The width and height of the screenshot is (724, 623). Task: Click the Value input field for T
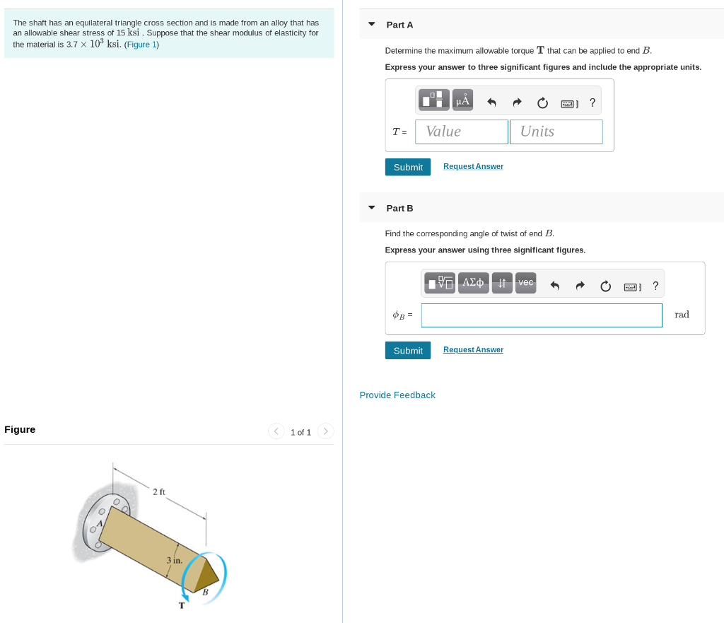pos(462,132)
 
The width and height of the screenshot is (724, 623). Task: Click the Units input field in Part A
pos(556,132)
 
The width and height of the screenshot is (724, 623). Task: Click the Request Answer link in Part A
pos(473,166)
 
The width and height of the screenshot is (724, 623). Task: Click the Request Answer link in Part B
pos(473,349)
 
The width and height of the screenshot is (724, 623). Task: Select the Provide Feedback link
pos(397,395)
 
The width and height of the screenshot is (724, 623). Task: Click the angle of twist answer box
pos(542,315)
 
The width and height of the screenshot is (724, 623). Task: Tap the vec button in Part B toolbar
pos(525,283)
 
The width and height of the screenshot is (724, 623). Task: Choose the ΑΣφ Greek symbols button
pos(473,283)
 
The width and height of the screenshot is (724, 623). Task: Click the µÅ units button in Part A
pos(463,100)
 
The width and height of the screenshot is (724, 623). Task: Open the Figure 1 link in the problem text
pos(141,45)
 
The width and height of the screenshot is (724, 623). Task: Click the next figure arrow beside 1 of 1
pos(325,431)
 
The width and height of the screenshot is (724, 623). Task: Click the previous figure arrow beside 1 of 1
pos(276,431)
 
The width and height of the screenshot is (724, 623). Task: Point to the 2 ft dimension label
pos(159,491)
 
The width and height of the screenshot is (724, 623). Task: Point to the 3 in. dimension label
pos(175,560)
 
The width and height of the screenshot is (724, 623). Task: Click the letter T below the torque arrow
pos(182,605)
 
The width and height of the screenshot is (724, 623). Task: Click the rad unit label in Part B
pos(682,315)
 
